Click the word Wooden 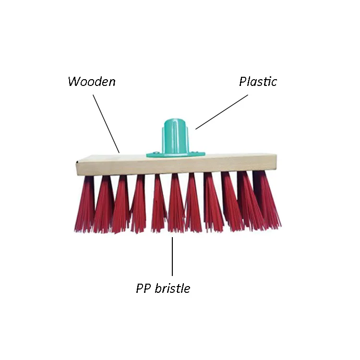click(91, 82)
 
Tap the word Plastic click(258, 82)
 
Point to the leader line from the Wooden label click(106, 123)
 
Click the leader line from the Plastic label click(222, 112)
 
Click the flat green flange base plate click(192, 154)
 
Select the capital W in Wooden click(73, 82)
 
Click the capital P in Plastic click(243, 82)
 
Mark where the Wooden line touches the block click(119, 152)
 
